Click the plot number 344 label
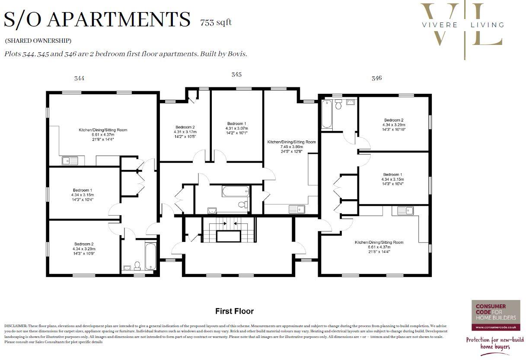tap(79, 78)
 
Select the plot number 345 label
tap(236, 74)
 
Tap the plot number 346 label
tap(376, 78)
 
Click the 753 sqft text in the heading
tap(216, 22)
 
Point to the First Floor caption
tap(234, 311)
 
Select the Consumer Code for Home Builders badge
tap(495, 315)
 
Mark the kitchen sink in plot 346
tap(403, 211)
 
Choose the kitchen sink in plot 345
tap(296, 210)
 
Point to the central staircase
tap(229, 231)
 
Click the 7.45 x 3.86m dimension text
tap(291, 147)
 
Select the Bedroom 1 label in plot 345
tap(236, 124)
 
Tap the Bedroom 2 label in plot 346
tap(393, 120)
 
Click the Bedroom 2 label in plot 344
tap(83, 244)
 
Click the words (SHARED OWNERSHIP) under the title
tap(38, 41)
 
